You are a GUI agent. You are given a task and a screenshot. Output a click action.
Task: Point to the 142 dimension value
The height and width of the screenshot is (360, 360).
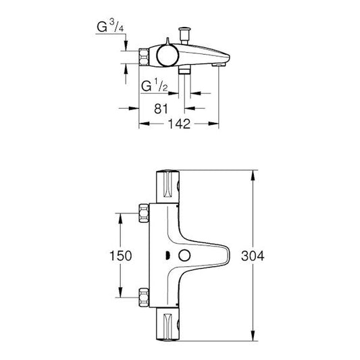[178, 124]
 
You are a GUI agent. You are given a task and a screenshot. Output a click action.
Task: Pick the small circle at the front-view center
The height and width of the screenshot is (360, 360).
[182, 256]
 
